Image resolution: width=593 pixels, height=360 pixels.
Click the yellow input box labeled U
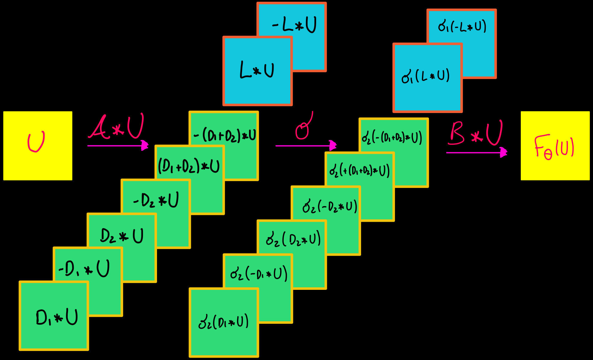point(37,146)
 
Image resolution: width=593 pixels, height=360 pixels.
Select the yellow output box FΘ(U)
point(555,146)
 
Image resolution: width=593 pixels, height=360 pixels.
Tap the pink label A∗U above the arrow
point(116,127)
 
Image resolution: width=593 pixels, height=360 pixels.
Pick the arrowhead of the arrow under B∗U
point(503,153)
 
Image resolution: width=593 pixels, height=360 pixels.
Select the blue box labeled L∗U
point(257,71)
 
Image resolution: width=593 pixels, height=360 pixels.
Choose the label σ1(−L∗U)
point(462,27)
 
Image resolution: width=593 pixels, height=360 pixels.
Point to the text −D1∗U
point(84,269)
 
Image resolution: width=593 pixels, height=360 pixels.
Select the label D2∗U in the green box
point(122,236)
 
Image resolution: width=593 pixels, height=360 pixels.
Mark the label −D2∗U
point(156,200)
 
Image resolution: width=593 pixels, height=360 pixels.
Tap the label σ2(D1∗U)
point(224,322)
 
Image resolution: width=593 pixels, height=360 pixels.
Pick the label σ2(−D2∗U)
point(330,207)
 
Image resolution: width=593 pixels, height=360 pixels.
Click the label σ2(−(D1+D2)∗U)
point(392,138)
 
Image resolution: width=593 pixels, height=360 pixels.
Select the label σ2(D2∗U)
point(293,240)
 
